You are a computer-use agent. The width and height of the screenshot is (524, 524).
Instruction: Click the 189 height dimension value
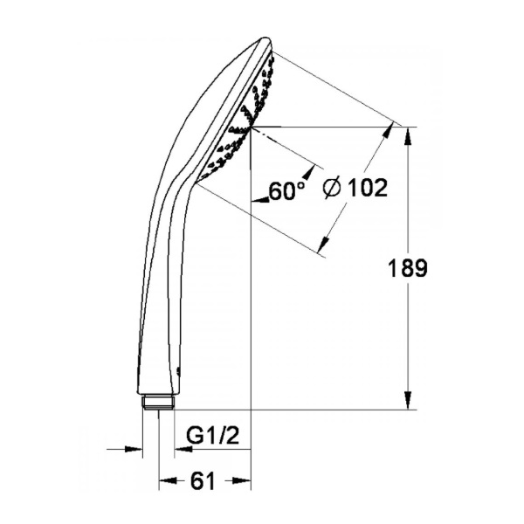click(x=408, y=268)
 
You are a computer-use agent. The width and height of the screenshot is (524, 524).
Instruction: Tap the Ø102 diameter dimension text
click(x=355, y=187)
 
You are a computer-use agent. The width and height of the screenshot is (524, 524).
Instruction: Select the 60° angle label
click(x=287, y=190)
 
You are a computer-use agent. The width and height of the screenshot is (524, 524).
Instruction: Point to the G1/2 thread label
click(x=213, y=436)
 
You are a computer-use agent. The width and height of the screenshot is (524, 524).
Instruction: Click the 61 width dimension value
click(x=203, y=481)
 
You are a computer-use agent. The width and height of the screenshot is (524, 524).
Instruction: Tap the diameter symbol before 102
click(x=332, y=188)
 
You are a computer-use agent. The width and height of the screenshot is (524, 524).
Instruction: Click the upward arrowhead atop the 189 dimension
click(x=408, y=136)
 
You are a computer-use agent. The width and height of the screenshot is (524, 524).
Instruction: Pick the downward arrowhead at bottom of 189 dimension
click(x=408, y=400)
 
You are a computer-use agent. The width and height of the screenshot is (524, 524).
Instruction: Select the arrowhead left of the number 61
click(x=168, y=481)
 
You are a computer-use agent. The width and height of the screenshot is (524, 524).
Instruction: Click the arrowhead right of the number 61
click(x=242, y=481)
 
